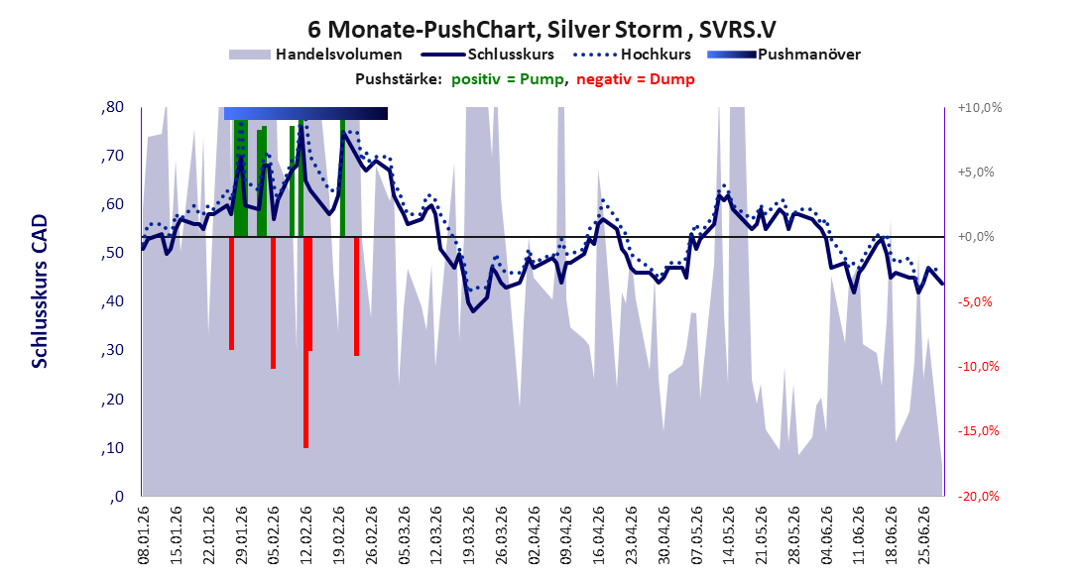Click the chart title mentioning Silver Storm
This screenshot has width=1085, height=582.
pyautogui.click(x=542, y=30)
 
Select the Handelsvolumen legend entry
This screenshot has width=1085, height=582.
pyautogui.click(x=315, y=55)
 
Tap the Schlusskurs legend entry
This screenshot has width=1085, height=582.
pyautogui.click(x=489, y=55)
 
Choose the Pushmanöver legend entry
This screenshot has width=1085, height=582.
pyautogui.click(x=784, y=55)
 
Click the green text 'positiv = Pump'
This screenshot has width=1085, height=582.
pyautogui.click(x=507, y=79)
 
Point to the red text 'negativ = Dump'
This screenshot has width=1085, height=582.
pyautogui.click(x=635, y=79)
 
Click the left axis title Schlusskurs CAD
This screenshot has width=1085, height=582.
pyautogui.click(x=40, y=291)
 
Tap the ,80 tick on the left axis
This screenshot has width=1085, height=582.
pyautogui.click(x=112, y=107)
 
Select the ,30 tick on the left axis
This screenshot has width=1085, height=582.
pyautogui.click(x=112, y=350)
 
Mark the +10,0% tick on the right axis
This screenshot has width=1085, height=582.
pyautogui.click(x=980, y=108)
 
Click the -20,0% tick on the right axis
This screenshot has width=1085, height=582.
pyautogui.click(x=979, y=496)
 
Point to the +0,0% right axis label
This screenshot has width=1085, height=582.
pyautogui.click(x=976, y=237)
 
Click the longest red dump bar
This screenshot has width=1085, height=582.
pyautogui.click(x=305, y=342)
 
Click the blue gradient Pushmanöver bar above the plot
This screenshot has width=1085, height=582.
pyautogui.click(x=305, y=113)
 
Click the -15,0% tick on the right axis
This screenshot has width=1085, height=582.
pyautogui.click(x=979, y=431)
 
